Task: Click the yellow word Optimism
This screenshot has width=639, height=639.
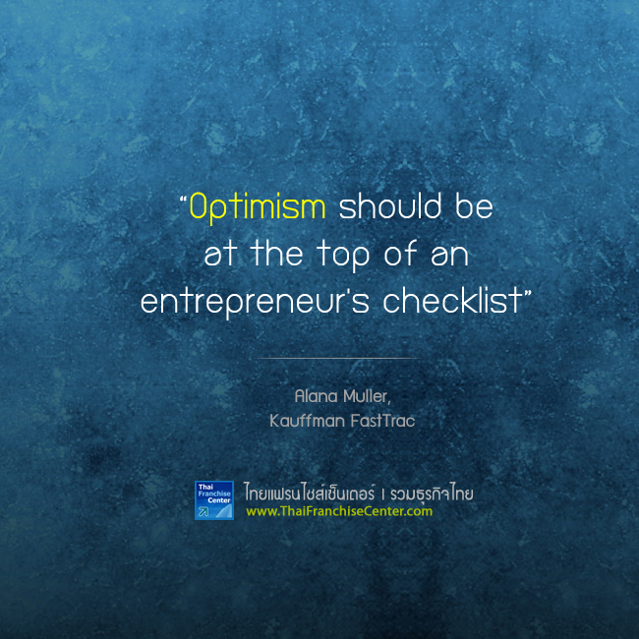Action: point(258,207)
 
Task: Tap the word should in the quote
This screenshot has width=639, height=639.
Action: point(390,205)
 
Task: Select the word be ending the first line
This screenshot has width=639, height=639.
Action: point(474,205)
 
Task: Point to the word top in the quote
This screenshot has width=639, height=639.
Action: point(343,255)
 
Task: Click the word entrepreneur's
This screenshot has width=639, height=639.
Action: point(255,301)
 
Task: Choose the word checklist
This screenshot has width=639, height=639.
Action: point(452,300)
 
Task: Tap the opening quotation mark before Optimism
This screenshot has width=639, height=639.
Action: point(183,200)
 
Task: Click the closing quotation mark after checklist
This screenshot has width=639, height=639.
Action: point(527,293)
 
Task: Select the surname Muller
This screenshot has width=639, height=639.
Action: point(367,396)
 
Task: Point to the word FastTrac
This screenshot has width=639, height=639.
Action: point(382,421)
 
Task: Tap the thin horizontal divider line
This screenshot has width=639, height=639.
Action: point(336,358)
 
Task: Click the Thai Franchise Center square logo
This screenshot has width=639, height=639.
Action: point(214,500)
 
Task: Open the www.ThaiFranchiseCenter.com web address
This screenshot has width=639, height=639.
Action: point(339,511)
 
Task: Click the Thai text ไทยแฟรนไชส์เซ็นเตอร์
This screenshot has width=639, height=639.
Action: point(310,493)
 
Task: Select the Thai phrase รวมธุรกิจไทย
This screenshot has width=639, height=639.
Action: point(432,494)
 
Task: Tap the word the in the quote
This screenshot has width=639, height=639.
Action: point(277,253)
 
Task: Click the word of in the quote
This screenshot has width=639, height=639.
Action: point(400,253)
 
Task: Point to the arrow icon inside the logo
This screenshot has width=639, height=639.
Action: point(203,511)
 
